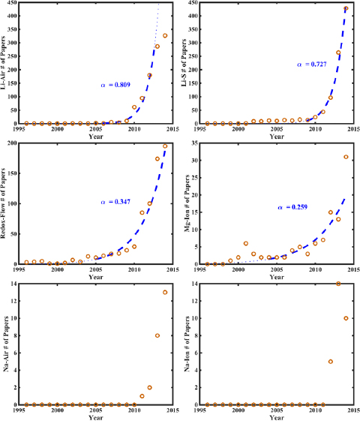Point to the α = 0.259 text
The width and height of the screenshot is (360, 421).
click(292, 207)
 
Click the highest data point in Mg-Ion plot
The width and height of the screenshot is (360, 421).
click(346, 157)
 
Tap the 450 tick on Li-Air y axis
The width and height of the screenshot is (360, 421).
click(15, 3)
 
